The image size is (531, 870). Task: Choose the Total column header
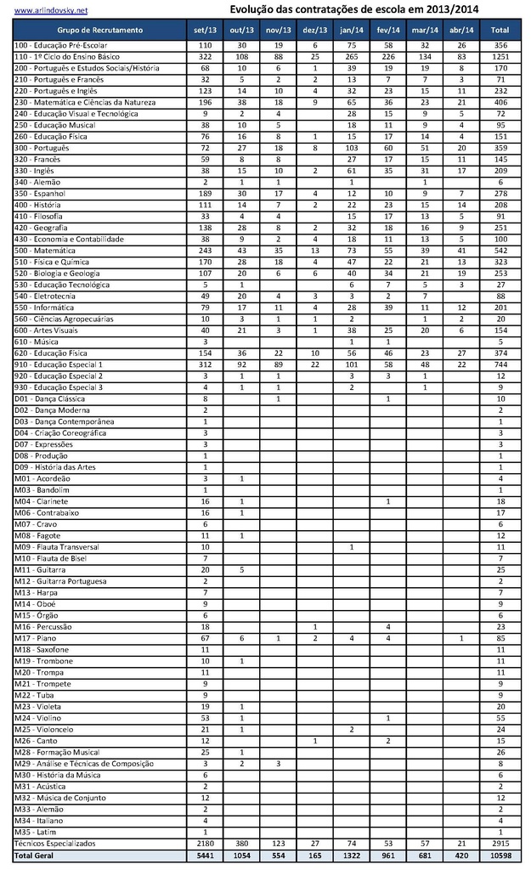coord(500,30)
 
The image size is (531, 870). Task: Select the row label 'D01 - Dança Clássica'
coord(49,398)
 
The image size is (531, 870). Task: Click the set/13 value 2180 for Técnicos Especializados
coord(205,842)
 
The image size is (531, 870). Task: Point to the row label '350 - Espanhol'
coord(40,193)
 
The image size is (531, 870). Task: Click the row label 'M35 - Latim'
coord(35,831)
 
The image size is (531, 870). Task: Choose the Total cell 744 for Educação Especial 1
coord(500,364)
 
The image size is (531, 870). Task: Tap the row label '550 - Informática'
coord(43,307)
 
